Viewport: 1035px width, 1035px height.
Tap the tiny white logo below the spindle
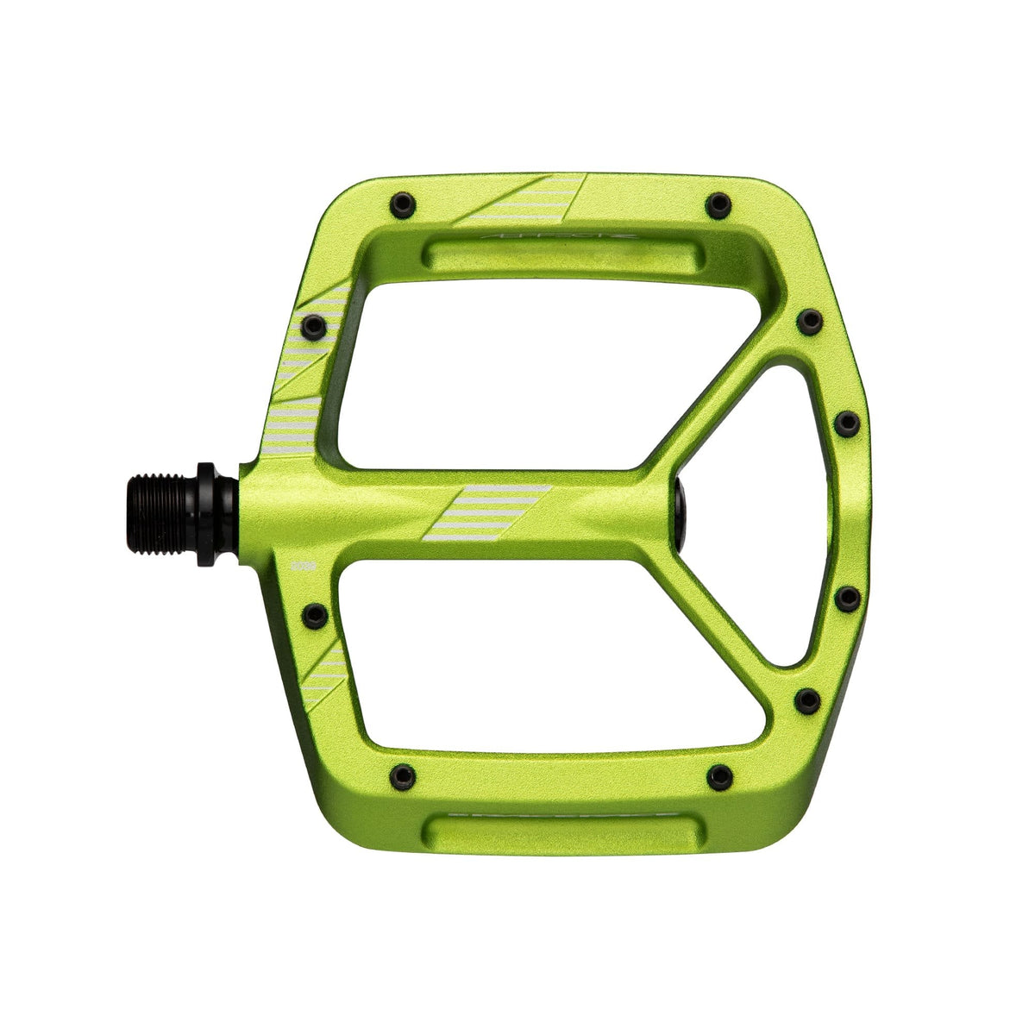(303, 567)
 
